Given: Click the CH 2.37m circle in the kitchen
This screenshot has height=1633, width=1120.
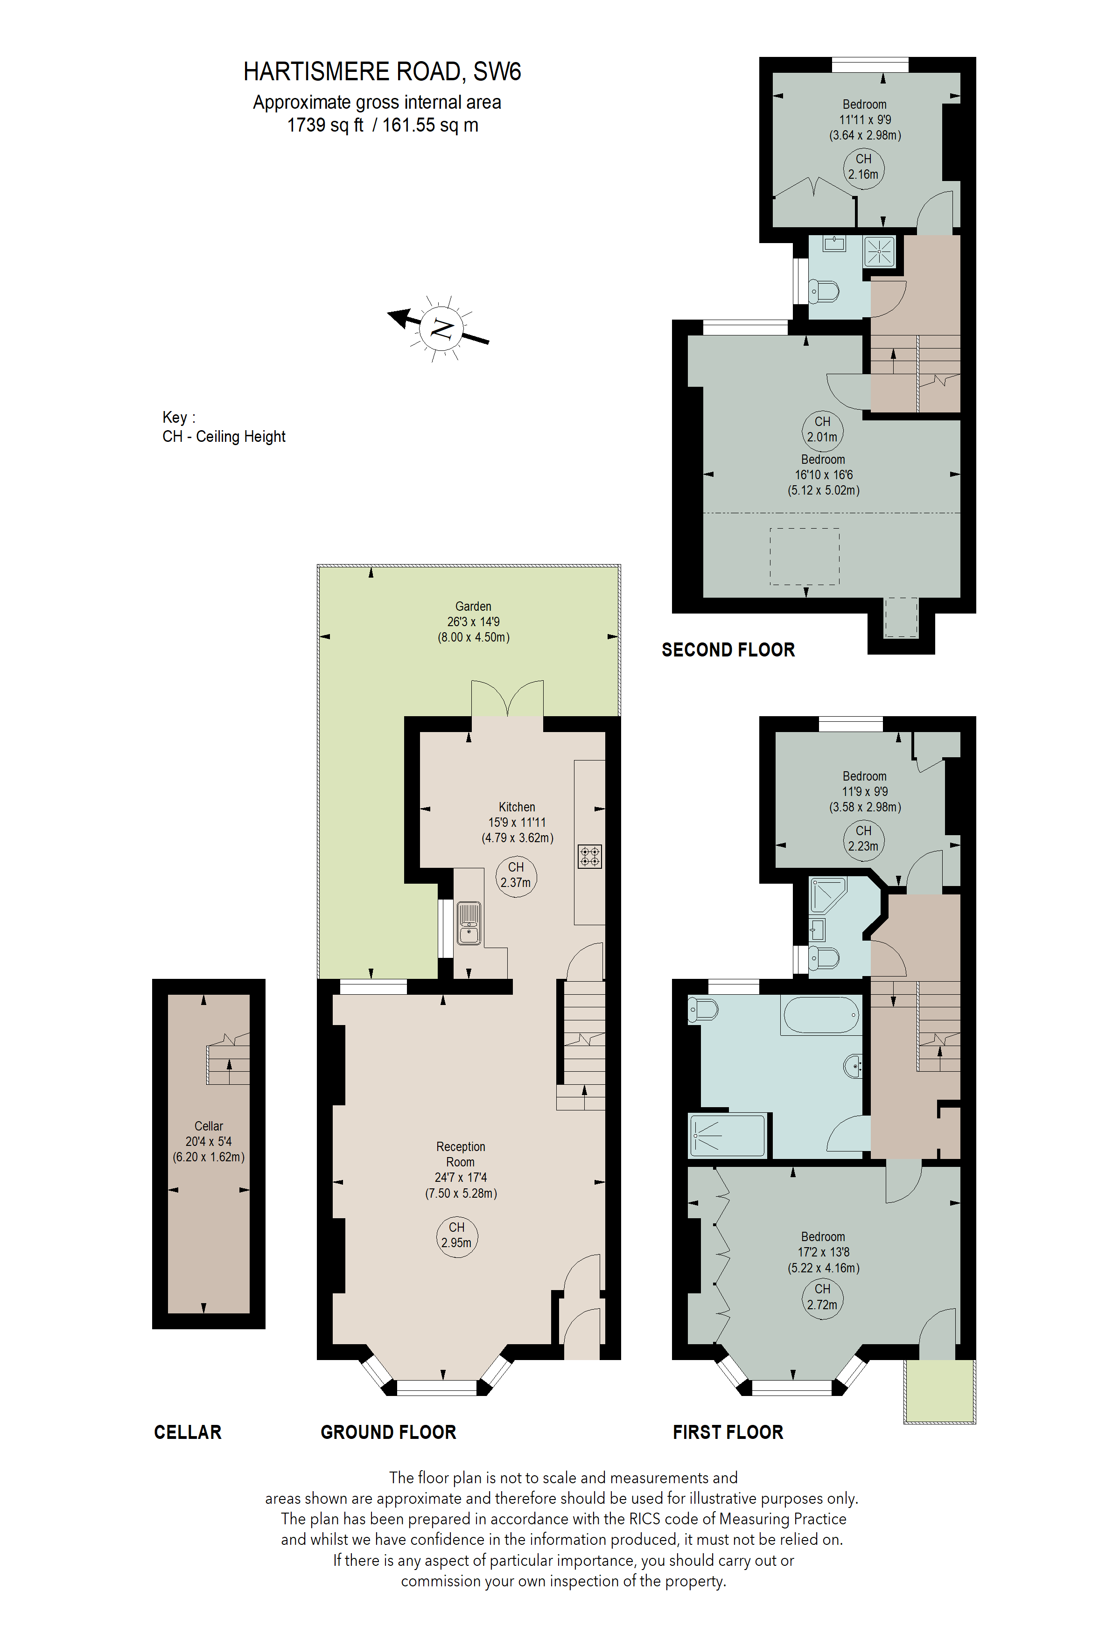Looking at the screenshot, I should pos(516,875).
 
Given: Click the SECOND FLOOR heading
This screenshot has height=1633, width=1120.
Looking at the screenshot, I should pos(728,650).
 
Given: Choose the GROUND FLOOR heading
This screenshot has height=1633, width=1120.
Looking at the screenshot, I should pos(388,1432).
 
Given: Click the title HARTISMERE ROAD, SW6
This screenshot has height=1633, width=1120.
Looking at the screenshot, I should pos(382,72).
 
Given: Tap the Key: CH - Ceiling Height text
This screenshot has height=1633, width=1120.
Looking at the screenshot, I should pos(224,427).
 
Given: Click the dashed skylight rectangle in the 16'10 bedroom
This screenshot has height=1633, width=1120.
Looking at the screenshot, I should pos(805,557).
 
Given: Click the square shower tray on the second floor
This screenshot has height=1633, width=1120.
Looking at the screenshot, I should pos(879,251).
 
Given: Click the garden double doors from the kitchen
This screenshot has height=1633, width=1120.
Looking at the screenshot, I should pos(507,699).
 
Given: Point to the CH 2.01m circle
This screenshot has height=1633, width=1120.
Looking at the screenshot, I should pos(822,429).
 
